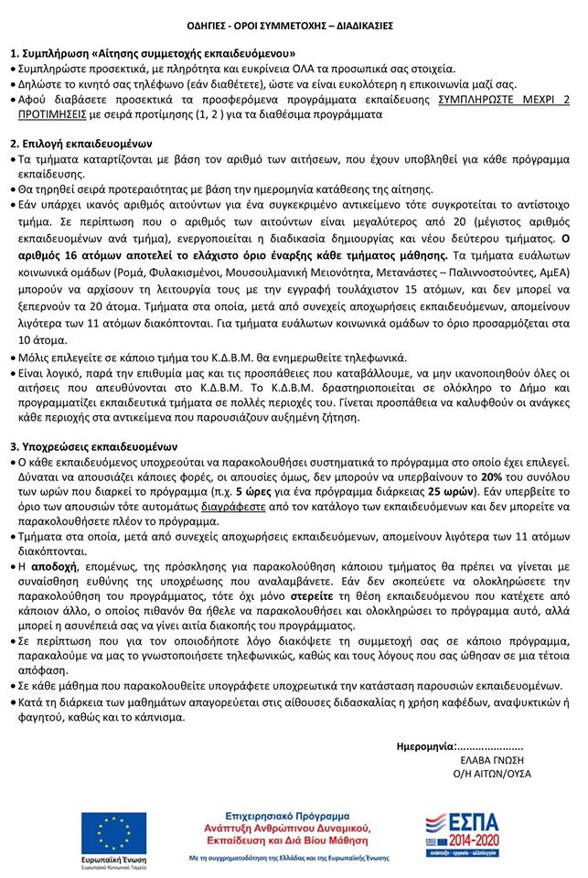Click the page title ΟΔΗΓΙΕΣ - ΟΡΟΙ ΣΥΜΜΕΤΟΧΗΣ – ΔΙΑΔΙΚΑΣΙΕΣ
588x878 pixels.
coord(294,25)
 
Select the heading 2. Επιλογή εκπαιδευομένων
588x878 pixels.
coord(81,145)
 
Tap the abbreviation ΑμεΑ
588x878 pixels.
coord(553,272)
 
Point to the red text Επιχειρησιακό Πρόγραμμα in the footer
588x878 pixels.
coord(294,814)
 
